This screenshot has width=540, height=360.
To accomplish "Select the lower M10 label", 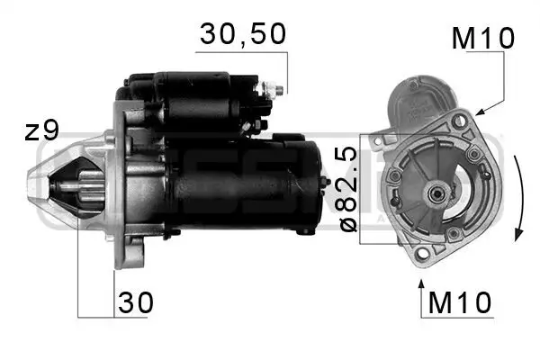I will pyautogui.click(x=459, y=304).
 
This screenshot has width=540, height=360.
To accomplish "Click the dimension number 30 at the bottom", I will pyautogui.click(x=134, y=303).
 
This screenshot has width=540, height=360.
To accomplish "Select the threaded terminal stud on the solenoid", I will pyautogui.click(x=274, y=89).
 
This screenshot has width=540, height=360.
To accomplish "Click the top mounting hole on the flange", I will pyautogui.click(x=459, y=121).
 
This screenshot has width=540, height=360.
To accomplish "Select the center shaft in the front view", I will pyautogui.click(x=436, y=191).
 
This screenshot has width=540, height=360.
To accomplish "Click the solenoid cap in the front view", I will pyautogui.click(x=418, y=99).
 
